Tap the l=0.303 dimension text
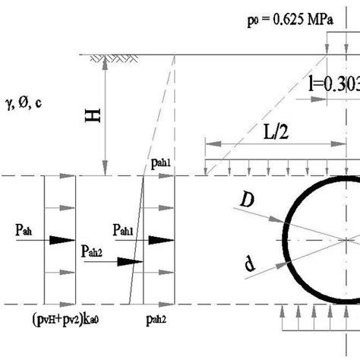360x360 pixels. (x=334, y=85)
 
